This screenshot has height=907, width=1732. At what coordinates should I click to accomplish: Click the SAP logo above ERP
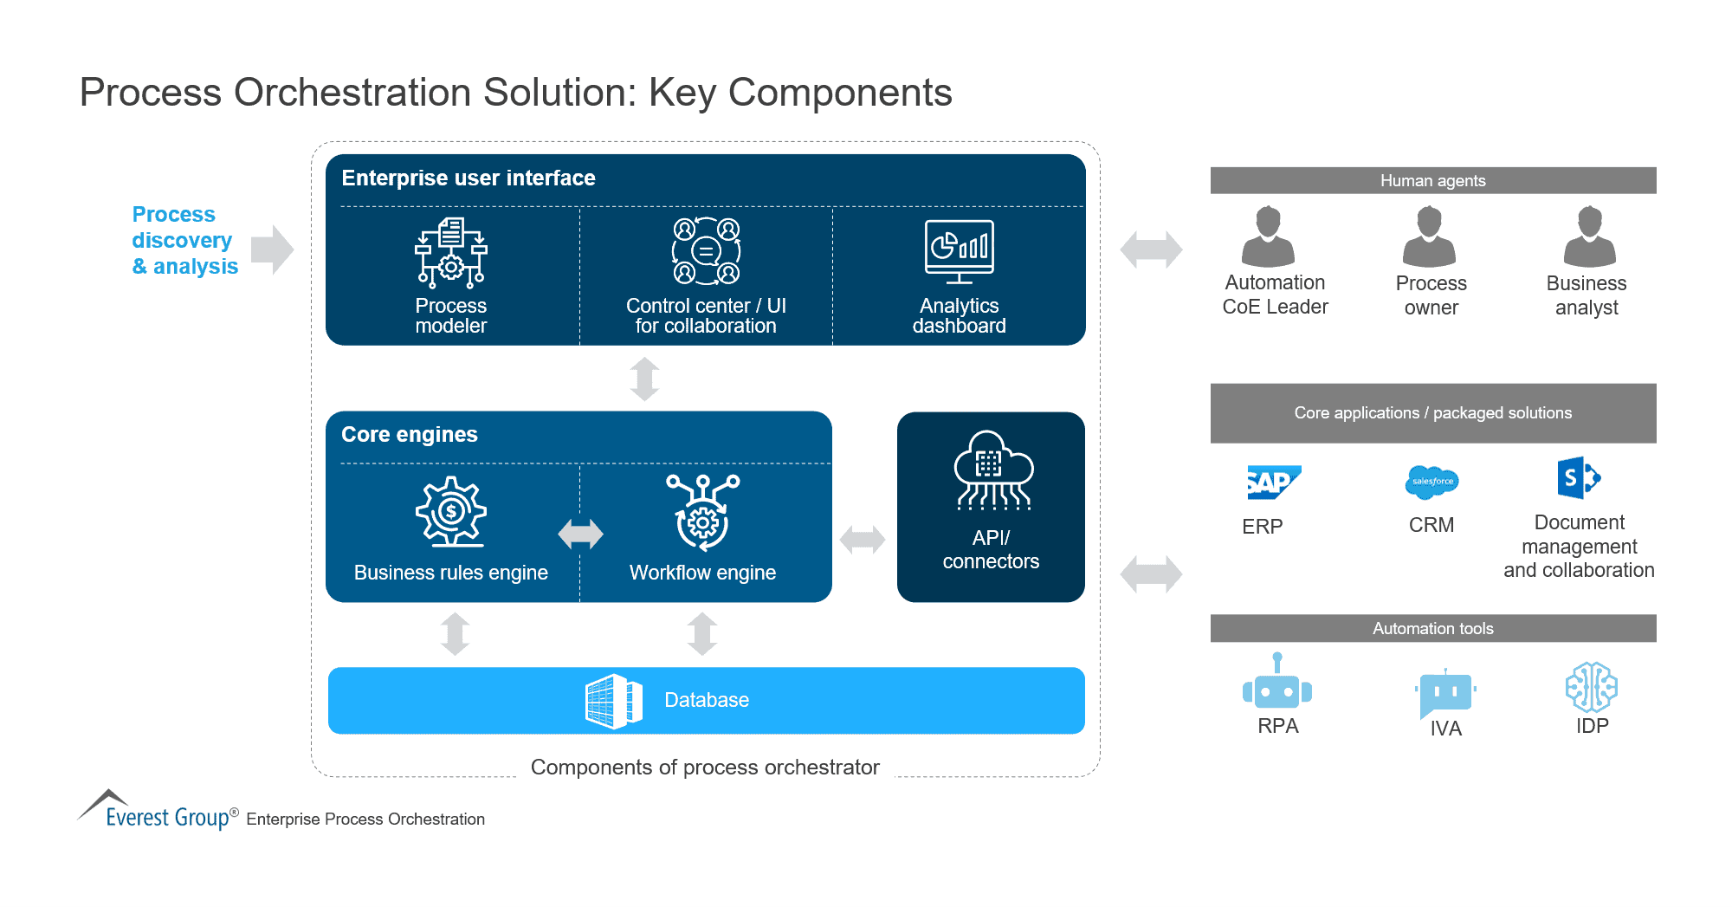click(1272, 483)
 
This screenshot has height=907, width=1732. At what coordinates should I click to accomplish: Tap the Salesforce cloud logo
click(1431, 482)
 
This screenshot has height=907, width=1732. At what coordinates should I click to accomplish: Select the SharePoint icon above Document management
click(1578, 477)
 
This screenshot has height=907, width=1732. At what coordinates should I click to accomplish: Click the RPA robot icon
click(1277, 683)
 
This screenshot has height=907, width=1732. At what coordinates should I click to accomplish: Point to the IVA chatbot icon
click(1445, 694)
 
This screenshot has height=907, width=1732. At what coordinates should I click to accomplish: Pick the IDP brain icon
click(1591, 687)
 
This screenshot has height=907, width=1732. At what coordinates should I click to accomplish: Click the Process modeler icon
click(450, 253)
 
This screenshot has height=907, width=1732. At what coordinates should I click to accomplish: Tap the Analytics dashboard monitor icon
click(959, 251)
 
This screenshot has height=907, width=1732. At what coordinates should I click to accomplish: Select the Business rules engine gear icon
click(450, 511)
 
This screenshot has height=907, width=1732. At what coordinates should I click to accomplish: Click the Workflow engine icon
click(702, 512)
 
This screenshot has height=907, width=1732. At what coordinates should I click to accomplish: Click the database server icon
click(613, 701)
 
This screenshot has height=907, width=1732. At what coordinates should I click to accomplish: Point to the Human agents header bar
click(1432, 180)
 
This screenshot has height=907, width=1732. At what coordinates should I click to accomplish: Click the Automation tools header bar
click(1432, 628)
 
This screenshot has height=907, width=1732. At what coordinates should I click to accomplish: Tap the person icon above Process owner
click(1429, 236)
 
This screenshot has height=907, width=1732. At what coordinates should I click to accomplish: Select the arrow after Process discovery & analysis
click(273, 249)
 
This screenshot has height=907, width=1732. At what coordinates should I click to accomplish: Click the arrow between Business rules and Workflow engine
click(580, 534)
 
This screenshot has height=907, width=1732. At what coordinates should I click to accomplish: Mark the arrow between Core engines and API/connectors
click(863, 540)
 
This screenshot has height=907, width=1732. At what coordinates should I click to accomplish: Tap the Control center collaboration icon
click(706, 251)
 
